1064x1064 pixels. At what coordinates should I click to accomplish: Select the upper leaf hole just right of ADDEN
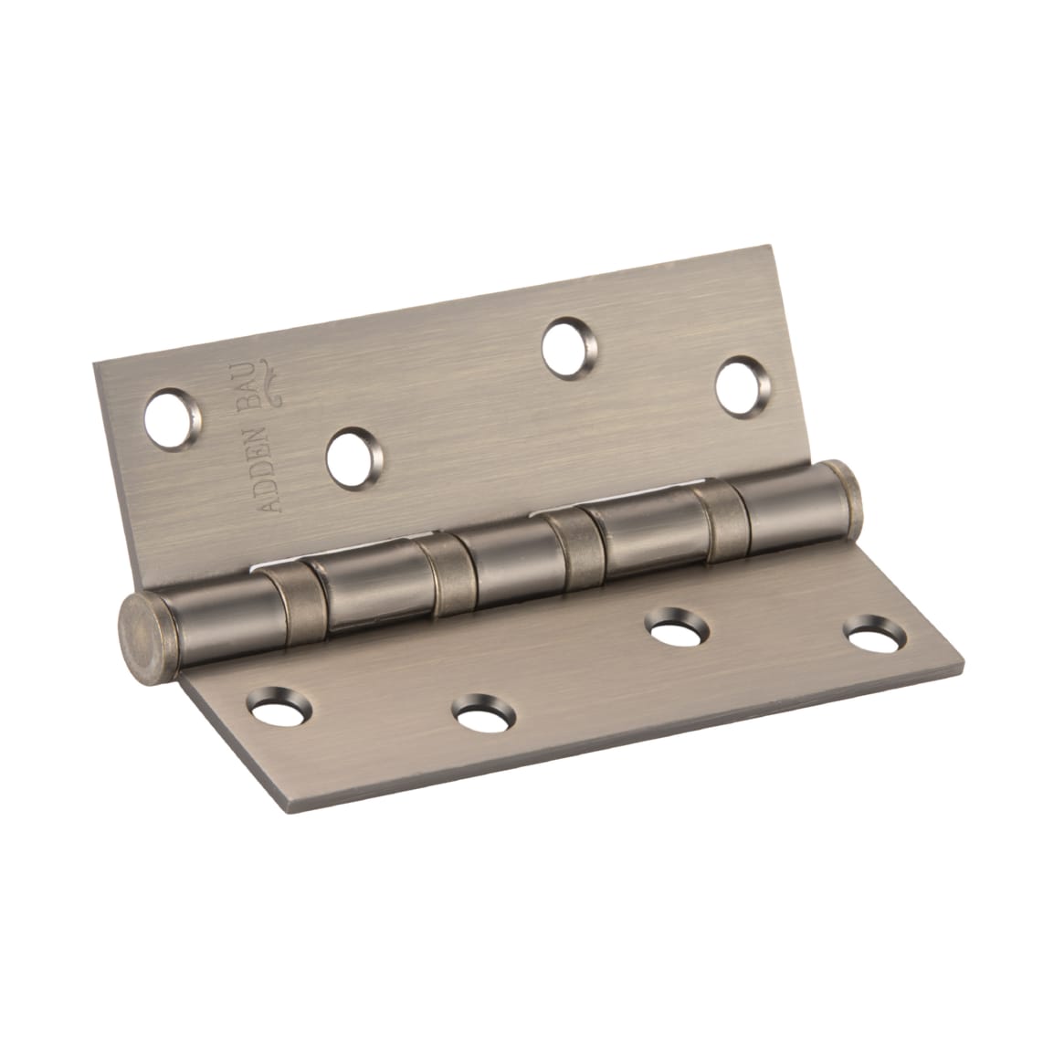[353, 454]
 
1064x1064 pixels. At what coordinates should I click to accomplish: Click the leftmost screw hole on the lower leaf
[279, 705]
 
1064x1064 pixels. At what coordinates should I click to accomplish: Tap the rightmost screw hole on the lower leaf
[870, 637]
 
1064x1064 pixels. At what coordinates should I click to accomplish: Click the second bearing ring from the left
[445, 571]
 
